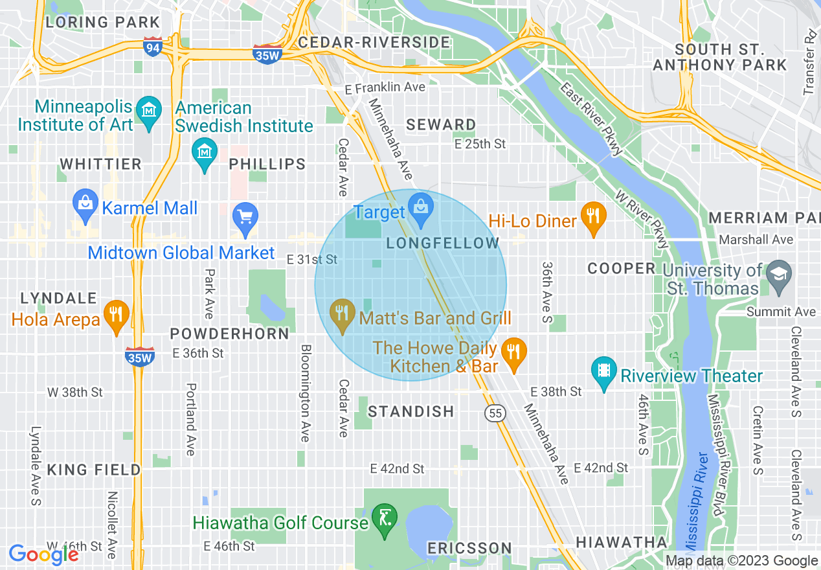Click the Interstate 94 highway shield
coord(153,46)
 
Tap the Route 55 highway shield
coord(495,413)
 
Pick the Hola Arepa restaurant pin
coord(116,315)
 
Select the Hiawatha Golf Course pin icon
coord(385,519)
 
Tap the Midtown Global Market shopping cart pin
coord(245,218)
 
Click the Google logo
coord(43,554)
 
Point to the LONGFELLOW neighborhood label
coord(444,244)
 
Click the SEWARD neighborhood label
coord(442,124)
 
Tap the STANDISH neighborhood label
coord(411,411)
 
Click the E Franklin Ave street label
coord(385,87)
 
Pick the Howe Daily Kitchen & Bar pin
coord(513,353)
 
